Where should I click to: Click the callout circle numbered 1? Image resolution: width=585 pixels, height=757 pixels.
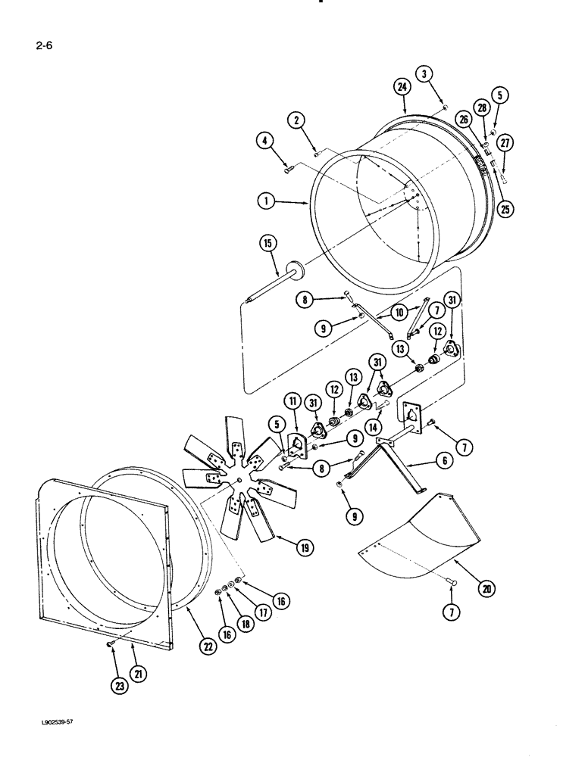(x=264, y=203)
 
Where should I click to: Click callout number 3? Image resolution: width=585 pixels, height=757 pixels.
(x=425, y=73)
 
